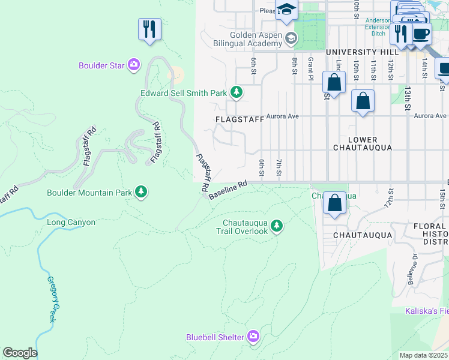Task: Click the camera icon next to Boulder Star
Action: (x=134, y=65)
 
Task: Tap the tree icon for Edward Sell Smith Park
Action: (x=237, y=92)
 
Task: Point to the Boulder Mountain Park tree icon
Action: (x=141, y=192)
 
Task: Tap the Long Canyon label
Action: (x=71, y=223)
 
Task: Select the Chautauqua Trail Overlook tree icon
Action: (x=277, y=226)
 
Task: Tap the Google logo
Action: (x=20, y=353)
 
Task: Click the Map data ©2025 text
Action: (x=423, y=355)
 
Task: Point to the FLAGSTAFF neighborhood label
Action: (x=240, y=119)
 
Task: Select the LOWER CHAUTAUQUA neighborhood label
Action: (x=363, y=143)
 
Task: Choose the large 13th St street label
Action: (x=408, y=98)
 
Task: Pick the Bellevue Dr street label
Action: (x=414, y=270)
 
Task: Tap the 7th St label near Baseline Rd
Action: (x=279, y=167)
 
